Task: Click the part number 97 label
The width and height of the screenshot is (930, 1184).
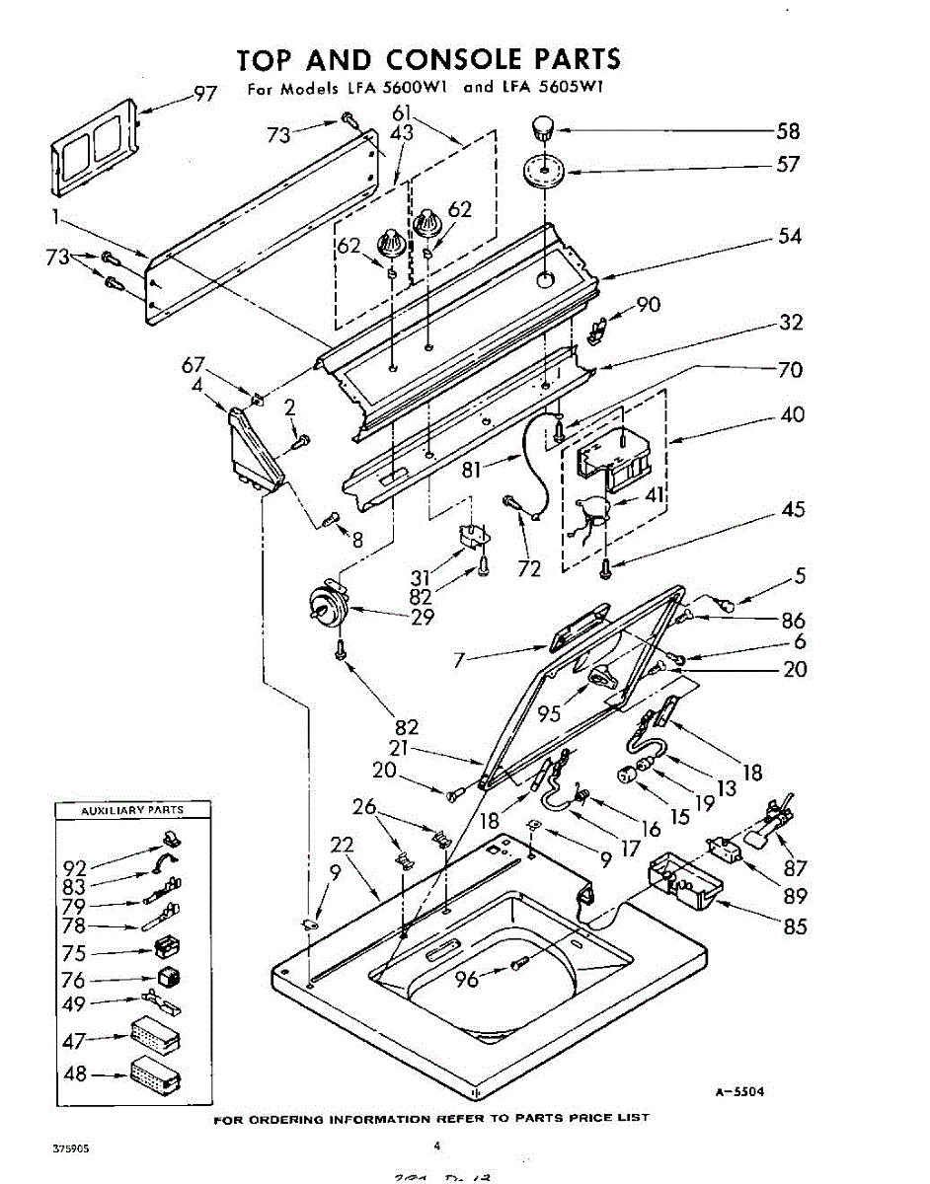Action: [204, 94]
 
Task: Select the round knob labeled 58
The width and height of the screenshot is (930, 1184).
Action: [542, 128]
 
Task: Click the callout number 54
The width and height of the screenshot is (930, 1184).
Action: [789, 236]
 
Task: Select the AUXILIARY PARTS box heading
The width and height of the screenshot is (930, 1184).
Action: [131, 810]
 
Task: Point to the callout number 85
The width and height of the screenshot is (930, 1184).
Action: [794, 926]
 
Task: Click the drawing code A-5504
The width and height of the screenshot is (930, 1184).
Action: [740, 1092]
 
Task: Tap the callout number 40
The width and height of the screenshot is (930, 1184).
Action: [792, 415]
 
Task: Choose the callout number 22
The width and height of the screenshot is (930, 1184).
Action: [342, 847]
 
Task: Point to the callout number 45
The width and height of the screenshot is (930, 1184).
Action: [793, 510]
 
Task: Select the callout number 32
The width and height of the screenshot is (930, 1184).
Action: [791, 323]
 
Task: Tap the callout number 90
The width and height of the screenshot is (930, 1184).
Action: [648, 305]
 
